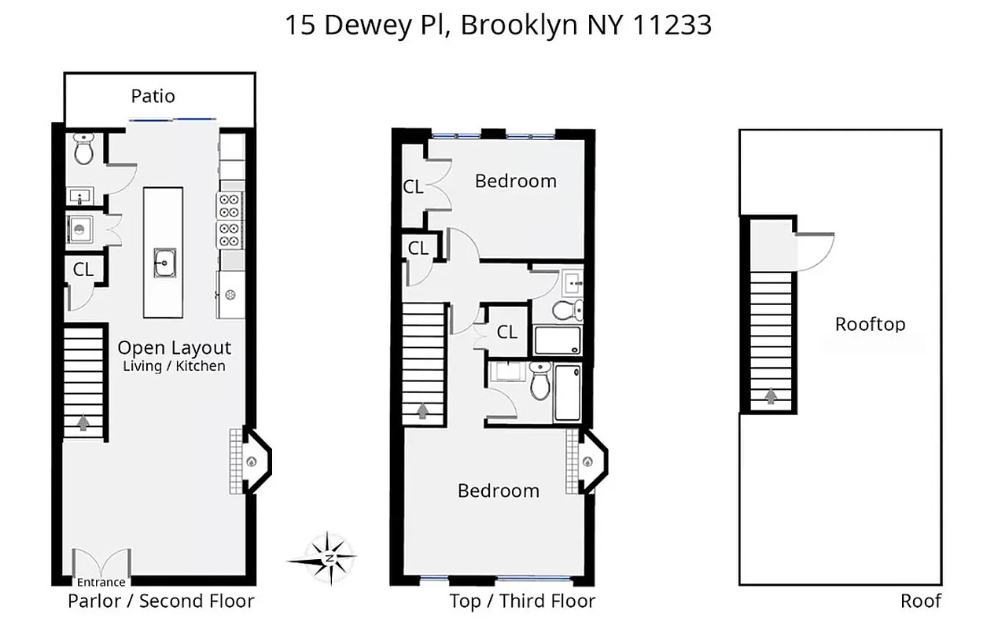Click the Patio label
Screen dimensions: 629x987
coord(153,97)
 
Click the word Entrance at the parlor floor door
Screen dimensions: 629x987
coord(101,583)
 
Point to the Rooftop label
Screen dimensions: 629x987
coord(870,324)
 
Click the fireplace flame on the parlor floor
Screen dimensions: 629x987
coord(252,462)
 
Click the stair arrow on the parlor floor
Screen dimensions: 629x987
coord(83,424)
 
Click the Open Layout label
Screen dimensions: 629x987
coord(175,348)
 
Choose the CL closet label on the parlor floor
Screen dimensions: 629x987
coord(83,269)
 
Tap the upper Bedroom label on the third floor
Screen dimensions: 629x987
coord(516,181)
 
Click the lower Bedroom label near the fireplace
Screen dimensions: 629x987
coord(499,491)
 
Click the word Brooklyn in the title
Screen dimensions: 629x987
coord(520,25)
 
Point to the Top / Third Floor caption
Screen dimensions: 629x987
coord(522,601)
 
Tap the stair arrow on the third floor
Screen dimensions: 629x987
coord(424,410)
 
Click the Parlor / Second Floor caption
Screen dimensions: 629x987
coord(161,601)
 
